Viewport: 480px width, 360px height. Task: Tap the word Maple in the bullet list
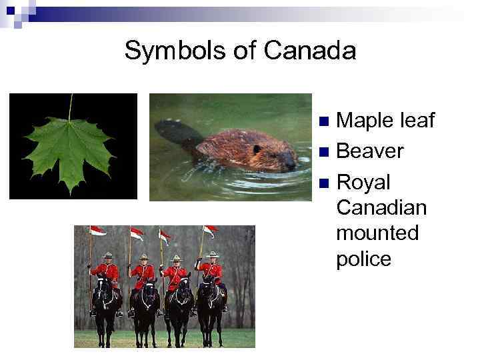pyautogui.click(x=363, y=121)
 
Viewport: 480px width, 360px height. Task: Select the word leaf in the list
pyautogui.click(x=417, y=121)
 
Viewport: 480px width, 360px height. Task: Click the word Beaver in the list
pyautogui.click(x=370, y=151)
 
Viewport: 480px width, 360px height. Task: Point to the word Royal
pyautogui.click(x=363, y=182)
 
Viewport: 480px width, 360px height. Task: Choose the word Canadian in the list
pyautogui.click(x=381, y=208)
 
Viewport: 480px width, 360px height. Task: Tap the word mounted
pyautogui.click(x=377, y=233)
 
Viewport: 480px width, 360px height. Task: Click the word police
pyautogui.click(x=364, y=259)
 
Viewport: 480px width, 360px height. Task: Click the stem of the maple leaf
pyautogui.click(x=70, y=107)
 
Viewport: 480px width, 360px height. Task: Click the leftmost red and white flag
pyautogui.click(x=98, y=231)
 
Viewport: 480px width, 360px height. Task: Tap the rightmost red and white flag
pyautogui.click(x=210, y=231)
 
